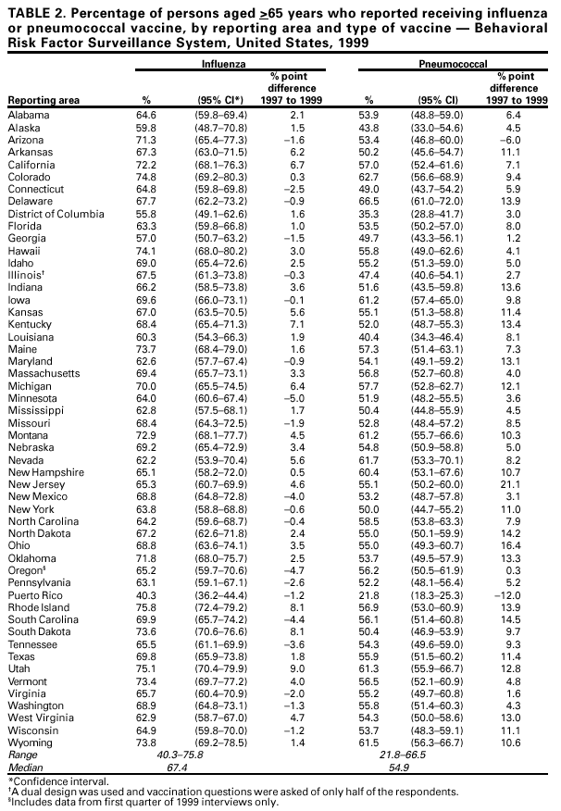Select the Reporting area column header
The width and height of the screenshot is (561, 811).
(44, 100)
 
